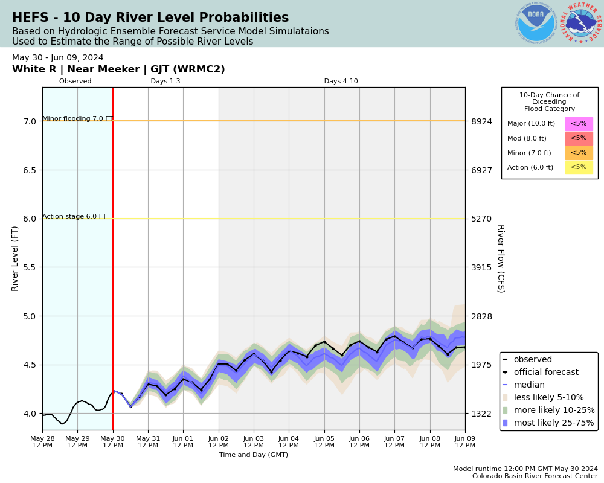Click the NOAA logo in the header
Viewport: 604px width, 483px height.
(536, 24)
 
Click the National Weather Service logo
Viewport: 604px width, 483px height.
(581, 24)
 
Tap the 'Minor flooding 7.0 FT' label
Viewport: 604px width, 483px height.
(77, 119)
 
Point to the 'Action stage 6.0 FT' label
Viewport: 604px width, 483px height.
(74, 217)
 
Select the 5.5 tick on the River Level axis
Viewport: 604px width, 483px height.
(30, 267)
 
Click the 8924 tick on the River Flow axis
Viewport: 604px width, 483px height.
(482, 121)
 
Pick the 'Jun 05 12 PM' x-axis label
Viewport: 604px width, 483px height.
(324, 441)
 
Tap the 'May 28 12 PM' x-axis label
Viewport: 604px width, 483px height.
(42, 441)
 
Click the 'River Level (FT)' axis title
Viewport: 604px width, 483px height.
(16, 258)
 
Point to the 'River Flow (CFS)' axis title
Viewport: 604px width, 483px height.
(500, 258)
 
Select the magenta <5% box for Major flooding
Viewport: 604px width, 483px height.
(579, 124)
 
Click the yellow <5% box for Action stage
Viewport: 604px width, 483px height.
(579, 167)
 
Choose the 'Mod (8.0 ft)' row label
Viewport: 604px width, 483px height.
(527, 138)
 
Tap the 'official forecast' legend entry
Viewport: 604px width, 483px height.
(545, 373)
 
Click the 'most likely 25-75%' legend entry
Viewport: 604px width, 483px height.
(553, 423)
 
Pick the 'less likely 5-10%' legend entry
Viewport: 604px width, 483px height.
(548, 398)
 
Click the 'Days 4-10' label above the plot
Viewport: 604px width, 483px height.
(341, 82)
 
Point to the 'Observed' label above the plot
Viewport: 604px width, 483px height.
(75, 82)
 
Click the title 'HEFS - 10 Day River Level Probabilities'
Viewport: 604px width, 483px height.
(150, 18)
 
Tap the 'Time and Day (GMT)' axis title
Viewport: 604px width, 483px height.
(254, 455)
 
